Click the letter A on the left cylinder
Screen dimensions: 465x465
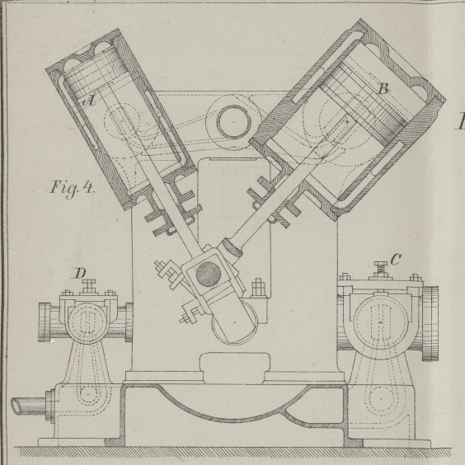[x=89, y=101]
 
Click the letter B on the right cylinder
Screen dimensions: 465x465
[x=383, y=89]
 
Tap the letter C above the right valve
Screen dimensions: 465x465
[x=396, y=260]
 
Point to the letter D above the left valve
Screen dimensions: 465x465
[x=80, y=273]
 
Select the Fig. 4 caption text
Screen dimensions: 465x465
[x=73, y=188]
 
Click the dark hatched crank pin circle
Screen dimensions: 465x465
[x=209, y=275]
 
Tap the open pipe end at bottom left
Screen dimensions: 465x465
[x=16, y=406]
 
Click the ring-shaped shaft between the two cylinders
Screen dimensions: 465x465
[x=233, y=122]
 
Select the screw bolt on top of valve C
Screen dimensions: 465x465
[x=381, y=270]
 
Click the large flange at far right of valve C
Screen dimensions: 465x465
[x=430, y=323]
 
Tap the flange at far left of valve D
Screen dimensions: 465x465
[x=45, y=322]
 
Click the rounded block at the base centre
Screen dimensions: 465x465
[x=235, y=368]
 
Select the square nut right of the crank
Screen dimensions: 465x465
[x=258, y=288]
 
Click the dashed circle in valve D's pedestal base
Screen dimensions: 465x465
[x=88, y=395]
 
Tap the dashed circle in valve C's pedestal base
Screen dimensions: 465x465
[x=382, y=399]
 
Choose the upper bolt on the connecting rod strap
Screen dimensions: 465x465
[x=165, y=269]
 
